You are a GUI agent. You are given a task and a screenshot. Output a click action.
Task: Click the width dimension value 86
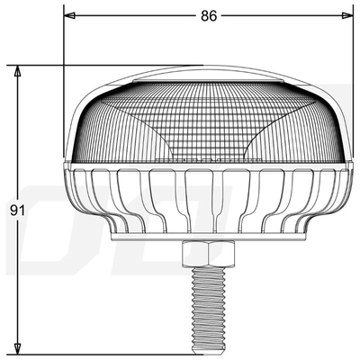(x=209, y=15)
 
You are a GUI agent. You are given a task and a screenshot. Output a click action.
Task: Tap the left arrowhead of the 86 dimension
(x=69, y=15)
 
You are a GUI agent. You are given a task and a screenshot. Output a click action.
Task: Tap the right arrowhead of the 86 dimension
(x=346, y=15)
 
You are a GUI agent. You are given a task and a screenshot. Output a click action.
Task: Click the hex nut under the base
(x=208, y=256)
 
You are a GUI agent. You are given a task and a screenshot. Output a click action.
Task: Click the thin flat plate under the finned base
(x=208, y=238)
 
